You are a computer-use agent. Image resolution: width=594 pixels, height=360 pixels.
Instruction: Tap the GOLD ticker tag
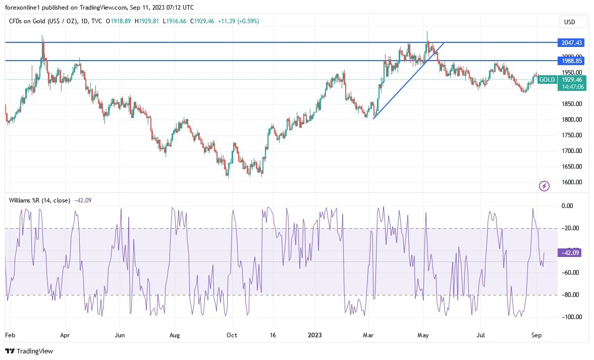547,80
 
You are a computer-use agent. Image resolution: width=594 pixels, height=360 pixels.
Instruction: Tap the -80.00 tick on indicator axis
571,295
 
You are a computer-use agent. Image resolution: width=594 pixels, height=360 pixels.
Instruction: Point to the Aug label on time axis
175,335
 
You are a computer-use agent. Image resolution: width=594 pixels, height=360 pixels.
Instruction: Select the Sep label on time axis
536,335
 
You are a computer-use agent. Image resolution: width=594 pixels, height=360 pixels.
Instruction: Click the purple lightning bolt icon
545,186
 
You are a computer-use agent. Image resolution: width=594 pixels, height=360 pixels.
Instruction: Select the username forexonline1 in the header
26,8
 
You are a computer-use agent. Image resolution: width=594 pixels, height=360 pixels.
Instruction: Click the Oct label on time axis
232,335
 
